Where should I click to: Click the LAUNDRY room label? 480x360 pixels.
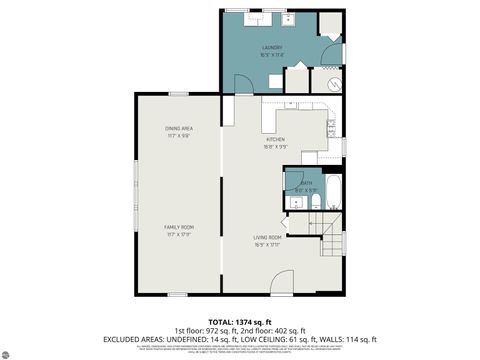tap(272, 47)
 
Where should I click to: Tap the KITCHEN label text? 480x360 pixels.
tap(275, 138)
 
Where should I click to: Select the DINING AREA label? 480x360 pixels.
tap(179, 128)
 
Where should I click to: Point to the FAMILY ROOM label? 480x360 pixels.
tap(179, 227)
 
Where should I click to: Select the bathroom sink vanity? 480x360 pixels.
tap(294, 202)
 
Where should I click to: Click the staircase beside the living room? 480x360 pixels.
tap(330, 236)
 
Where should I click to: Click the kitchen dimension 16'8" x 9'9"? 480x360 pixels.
tap(275, 146)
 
